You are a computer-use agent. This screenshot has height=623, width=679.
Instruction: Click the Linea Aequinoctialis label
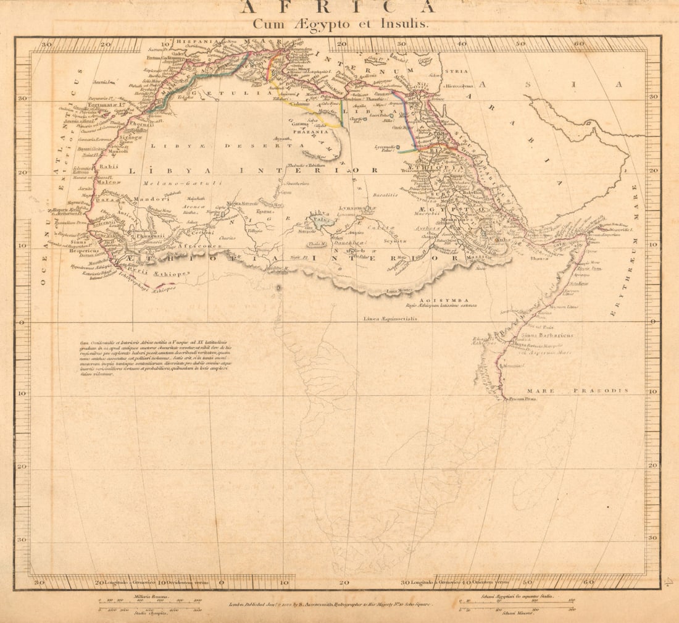[390, 319]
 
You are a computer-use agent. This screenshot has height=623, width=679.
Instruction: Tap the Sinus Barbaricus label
[549, 335]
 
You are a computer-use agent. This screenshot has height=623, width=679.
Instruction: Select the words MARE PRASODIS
[578, 391]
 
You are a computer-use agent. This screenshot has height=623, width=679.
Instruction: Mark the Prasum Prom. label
[522, 399]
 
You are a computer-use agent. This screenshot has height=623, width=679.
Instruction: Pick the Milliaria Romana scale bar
[149, 601]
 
